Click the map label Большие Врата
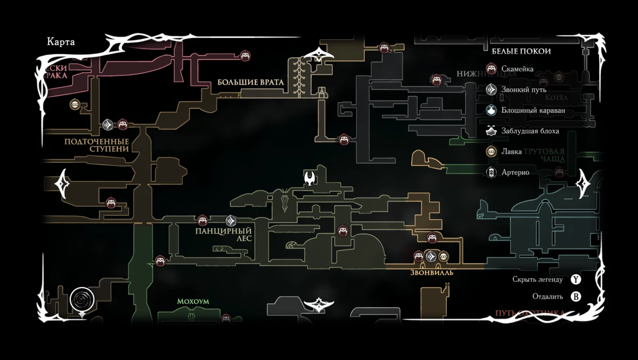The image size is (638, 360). tap(250, 82)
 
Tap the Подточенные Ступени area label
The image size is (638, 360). tap(97, 145)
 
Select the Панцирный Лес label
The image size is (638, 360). tap(223, 235)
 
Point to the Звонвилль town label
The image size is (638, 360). tap(432, 272)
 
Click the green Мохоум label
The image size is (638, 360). tap(193, 302)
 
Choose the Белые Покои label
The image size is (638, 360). tap(521, 52)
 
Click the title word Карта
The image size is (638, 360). tap(61, 42)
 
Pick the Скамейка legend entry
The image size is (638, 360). tap(517, 69)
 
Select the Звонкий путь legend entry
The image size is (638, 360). tap(524, 90)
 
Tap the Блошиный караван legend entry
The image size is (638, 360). tap(533, 111)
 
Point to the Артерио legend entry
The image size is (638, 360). tap(515, 172)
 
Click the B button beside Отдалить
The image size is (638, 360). tap(576, 297)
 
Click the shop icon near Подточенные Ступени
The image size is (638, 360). tap(75, 105)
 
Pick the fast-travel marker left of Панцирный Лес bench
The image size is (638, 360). tap(231, 220)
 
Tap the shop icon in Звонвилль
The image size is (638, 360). tap(443, 257)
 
